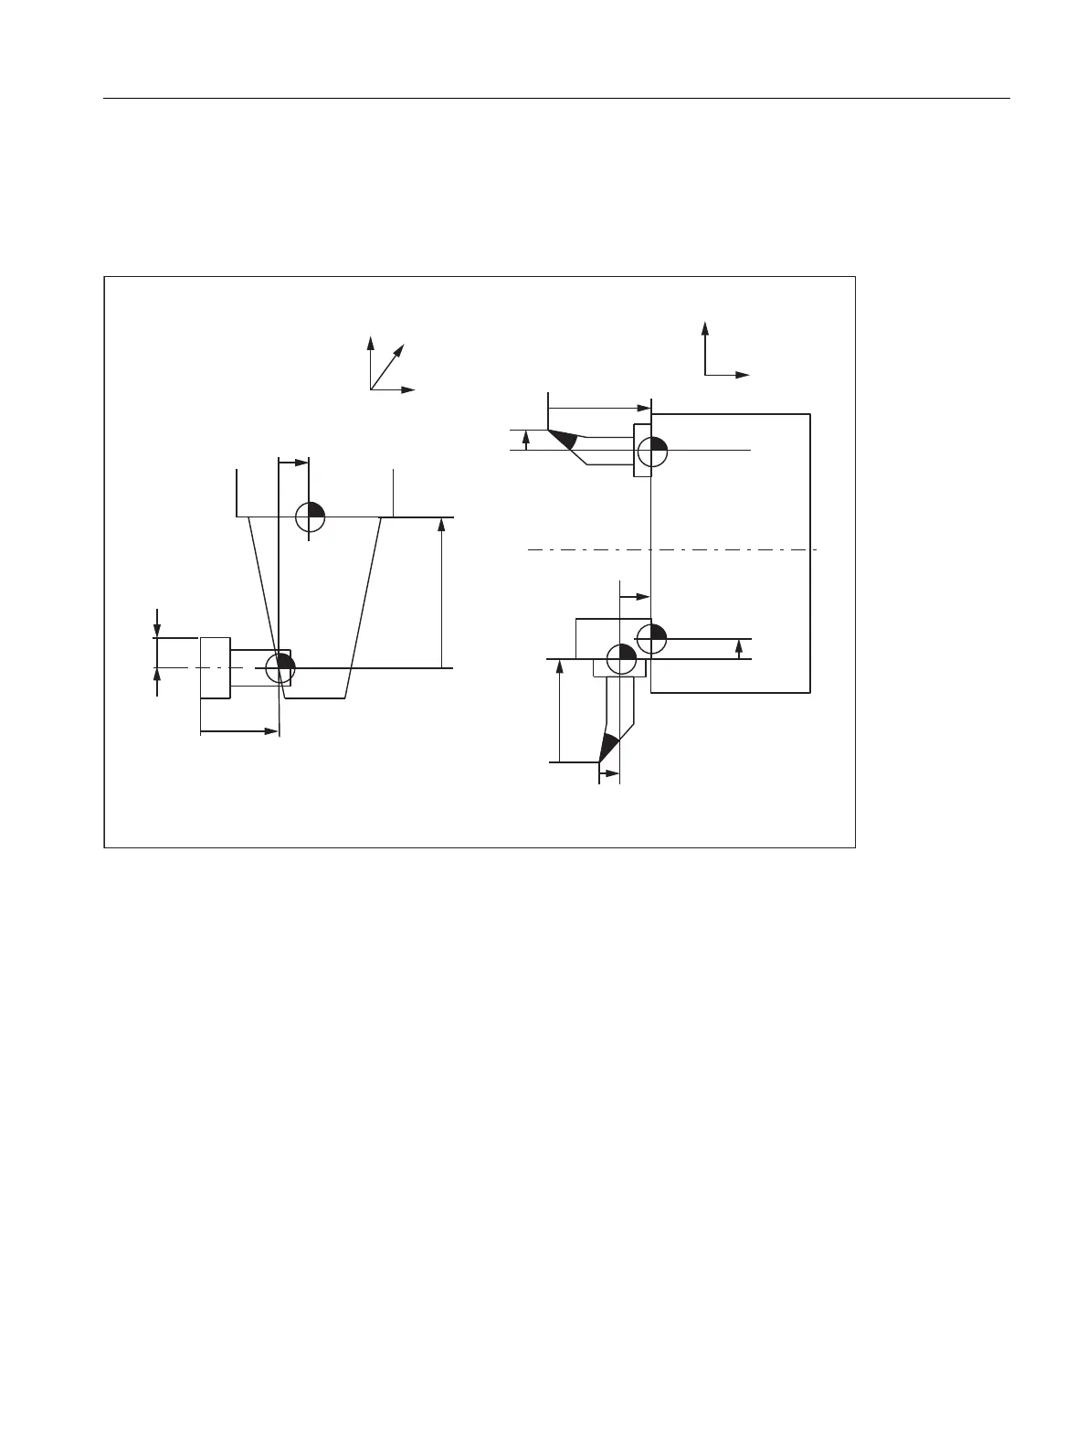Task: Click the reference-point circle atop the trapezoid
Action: click(311, 516)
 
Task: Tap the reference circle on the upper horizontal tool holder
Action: click(652, 450)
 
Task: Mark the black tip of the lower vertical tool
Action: click(607, 748)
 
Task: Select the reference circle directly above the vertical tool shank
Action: click(620, 657)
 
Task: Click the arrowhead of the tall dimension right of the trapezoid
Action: click(441, 525)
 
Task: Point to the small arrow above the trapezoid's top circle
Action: click(302, 463)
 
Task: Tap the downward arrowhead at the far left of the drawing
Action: click(158, 630)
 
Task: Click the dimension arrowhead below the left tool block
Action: click(270, 731)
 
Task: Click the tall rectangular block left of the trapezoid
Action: click(215, 667)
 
